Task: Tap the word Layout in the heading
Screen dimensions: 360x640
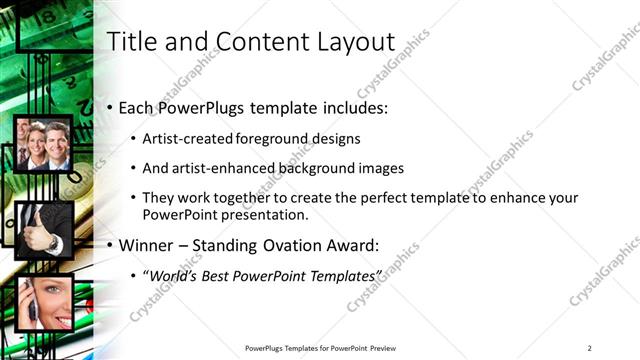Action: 352,42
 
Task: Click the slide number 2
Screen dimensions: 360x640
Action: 590,348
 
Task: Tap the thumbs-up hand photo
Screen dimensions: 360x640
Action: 42,228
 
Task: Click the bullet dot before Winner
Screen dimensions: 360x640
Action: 110,245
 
